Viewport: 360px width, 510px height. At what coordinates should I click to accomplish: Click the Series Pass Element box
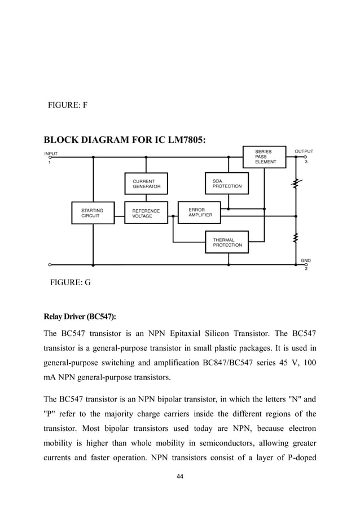coord(264,156)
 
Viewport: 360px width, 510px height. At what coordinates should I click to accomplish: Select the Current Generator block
coord(146,184)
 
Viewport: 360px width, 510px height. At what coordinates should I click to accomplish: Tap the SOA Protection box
coord(226,184)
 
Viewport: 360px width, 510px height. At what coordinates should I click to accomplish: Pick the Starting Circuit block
coord(93,213)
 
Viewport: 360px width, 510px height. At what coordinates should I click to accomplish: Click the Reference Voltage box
coord(146,213)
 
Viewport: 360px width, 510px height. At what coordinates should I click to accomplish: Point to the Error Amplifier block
coord(200,212)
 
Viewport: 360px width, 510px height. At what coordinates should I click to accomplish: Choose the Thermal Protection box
coord(226,242)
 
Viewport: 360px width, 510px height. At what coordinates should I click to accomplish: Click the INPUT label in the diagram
coord(51,152)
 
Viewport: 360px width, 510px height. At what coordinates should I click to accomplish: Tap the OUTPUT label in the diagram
coord(304,151)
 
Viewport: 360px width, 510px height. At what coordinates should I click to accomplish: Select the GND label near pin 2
coord(305,260)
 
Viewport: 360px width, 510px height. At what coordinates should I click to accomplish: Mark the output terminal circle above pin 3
coord(305,157)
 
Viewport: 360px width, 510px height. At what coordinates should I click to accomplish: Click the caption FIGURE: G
coord(70,282)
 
